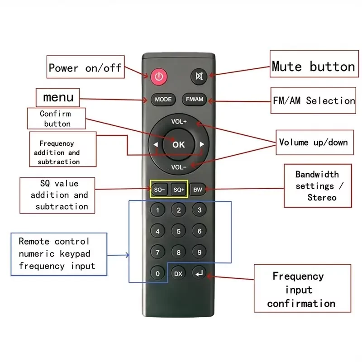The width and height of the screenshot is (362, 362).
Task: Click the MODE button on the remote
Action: pos(163,100)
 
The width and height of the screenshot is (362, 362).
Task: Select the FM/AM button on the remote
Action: pos(195,100)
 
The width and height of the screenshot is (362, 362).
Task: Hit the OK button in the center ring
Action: pos(179,145)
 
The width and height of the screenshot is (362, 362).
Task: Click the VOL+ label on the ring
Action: pos(179,122)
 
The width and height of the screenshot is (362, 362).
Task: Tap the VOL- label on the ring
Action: pos(179,167)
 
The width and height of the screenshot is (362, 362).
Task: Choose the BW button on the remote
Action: pos(198,190)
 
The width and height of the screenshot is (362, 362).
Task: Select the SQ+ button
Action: pos(178,190)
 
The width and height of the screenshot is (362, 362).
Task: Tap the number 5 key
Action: pos(179,232)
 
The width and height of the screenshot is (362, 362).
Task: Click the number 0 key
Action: pos(157,273)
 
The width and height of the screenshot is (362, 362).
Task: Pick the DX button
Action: pos(178,273)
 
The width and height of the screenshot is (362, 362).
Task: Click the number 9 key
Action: pos(199,252)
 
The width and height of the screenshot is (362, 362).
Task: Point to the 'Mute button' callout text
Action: pos(313,67)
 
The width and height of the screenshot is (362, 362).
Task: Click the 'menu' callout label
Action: pos(58,97)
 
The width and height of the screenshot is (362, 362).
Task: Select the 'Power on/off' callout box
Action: pos(85,68)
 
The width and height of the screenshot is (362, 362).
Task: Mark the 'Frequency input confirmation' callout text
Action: pos(301,290)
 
